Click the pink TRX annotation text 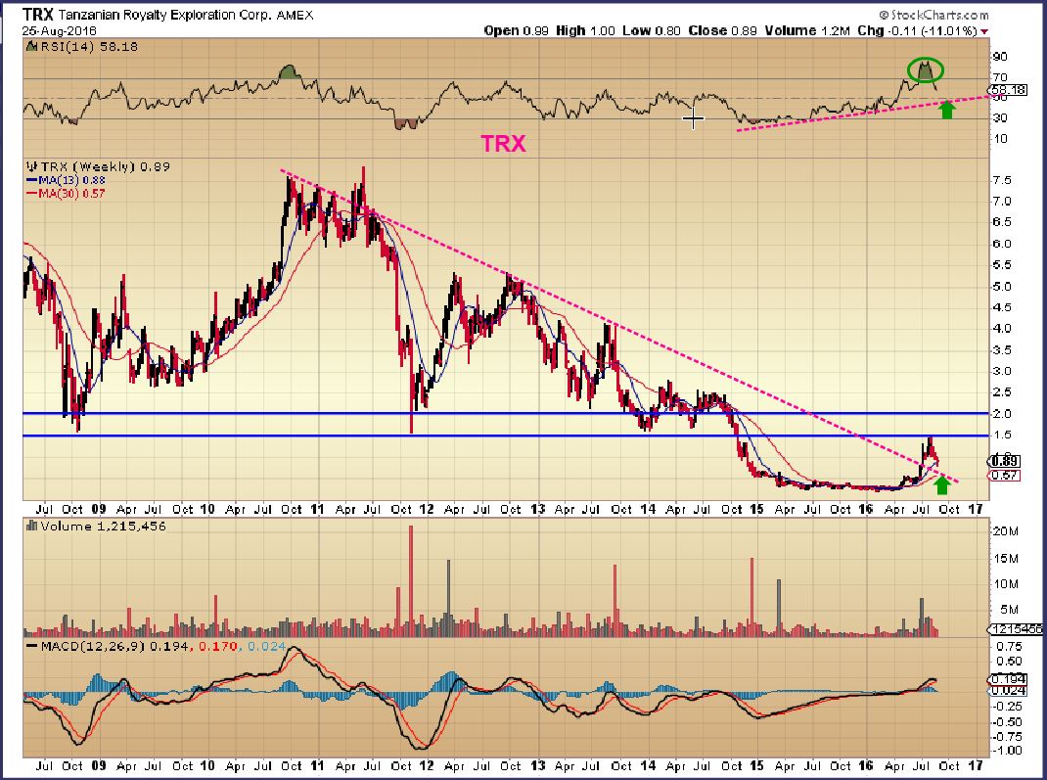503,144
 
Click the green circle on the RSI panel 925,70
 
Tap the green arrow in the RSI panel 946,110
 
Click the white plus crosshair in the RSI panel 693,119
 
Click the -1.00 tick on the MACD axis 1009,752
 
